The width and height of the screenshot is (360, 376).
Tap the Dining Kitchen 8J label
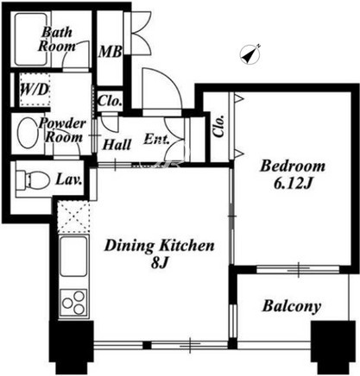[x=160, y=254]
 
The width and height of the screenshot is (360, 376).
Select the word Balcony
[x=292, y=306]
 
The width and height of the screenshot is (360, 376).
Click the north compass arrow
[x=250, y=53]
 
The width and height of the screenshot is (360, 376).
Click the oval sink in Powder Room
[x=27, y=133]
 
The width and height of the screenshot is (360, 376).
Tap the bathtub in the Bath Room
[x=31, y=40]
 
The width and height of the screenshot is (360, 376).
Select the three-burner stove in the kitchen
[x=73, y=303]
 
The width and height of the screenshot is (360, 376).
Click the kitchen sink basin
[x=73, y=256]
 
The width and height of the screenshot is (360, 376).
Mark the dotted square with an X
[x=73, y=216]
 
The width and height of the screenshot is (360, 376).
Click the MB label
[x=110, y=52]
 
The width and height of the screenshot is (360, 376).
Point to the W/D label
[x=35, y=90]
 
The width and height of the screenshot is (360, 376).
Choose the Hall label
[x=117, y=145]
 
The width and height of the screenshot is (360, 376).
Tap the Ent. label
[x=156, y=139]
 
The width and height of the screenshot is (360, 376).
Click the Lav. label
[x=69, y=179]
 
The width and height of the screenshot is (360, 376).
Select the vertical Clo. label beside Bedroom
[x=219, y=126]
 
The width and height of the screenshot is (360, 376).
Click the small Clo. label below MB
[x=110, y=101]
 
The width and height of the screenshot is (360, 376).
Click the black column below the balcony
[x=333, y=347]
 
